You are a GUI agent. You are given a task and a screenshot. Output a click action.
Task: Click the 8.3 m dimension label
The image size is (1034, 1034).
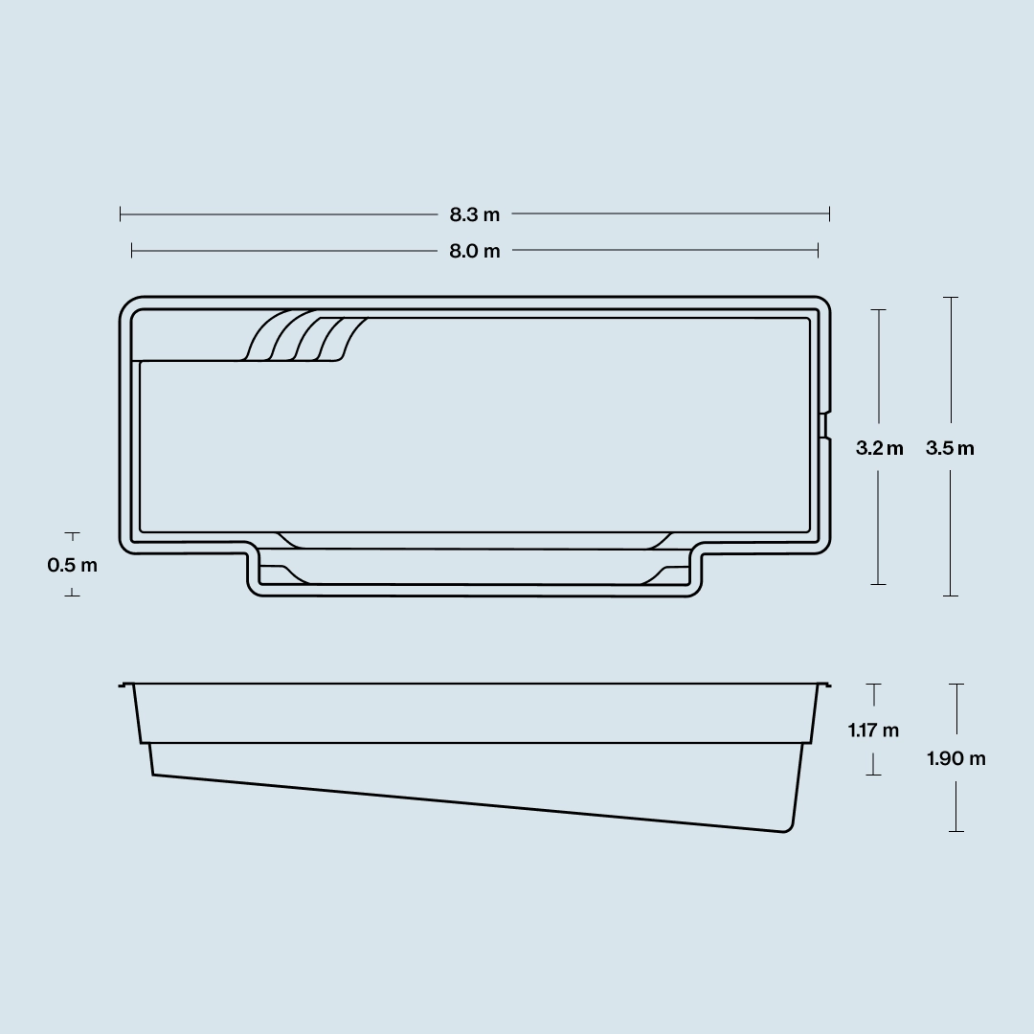click(x=475, y=214)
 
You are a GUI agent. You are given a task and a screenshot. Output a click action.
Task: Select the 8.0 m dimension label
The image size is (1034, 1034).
click(x=475, y=251)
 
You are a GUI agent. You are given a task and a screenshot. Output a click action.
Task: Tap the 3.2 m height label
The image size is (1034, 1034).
click(x=879, y=448)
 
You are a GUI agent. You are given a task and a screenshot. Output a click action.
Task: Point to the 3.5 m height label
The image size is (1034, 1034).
click(x=950, y=448)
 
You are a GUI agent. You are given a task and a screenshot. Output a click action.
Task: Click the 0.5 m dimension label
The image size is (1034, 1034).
click(x=73, y=565)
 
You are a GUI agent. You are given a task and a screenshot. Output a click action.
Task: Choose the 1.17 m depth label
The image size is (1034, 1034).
click(x=873, y=730)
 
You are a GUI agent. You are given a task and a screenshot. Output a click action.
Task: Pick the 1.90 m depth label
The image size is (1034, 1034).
click(x=956, y=758)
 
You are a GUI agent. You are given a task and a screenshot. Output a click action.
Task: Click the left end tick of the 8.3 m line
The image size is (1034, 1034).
click(x=121, y=214)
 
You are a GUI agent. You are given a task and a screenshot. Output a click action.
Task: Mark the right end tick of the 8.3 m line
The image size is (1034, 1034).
click(x=829, y=214)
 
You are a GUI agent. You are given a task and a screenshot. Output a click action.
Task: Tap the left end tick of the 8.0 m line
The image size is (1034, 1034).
click(x=132, y=250)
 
